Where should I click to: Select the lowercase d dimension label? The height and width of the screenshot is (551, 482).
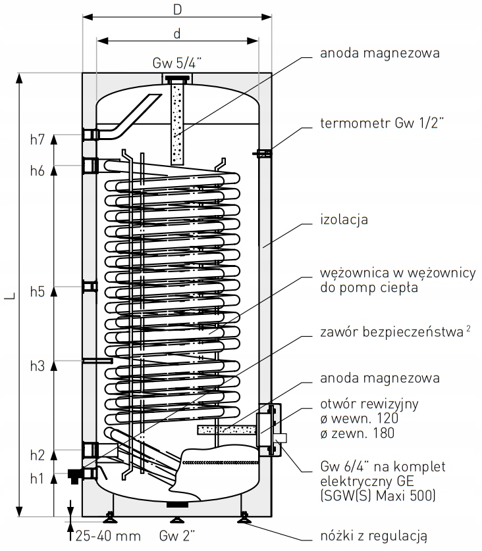(178, 33)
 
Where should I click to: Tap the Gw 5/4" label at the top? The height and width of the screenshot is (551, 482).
(177, 63)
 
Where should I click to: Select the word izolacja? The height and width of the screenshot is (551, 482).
(344, 219)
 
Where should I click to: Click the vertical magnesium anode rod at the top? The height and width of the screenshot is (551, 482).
(177, 122)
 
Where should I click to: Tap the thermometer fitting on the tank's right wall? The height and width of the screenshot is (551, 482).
(262, 154)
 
